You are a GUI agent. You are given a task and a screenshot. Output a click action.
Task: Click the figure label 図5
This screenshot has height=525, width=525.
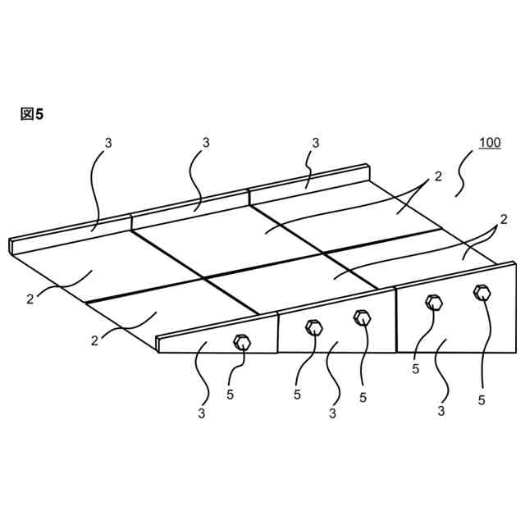(31, 114)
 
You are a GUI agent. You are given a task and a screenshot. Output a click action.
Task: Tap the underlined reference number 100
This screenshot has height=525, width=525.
(490, 143)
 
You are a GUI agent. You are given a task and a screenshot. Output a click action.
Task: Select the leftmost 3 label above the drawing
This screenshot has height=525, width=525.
(108, 143)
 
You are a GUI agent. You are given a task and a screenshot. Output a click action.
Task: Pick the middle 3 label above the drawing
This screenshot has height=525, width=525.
(206, 143)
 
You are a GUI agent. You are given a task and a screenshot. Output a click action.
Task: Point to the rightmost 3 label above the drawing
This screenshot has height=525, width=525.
(316, 143)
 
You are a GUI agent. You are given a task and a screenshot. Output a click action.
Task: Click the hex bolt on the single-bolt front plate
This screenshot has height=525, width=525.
(242, 342)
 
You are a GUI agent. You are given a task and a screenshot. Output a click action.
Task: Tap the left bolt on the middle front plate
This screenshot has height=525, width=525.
(313, 328)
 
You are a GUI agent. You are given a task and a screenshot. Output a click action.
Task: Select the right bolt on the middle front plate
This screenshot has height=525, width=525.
(362, 317)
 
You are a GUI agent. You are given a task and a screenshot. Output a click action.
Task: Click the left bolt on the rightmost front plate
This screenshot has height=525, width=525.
(434, 303)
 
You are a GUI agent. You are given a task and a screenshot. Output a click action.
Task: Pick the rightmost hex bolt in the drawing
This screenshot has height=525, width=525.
(482, 291)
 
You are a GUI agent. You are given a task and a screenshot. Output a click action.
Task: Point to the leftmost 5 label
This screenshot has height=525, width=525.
(231, 395)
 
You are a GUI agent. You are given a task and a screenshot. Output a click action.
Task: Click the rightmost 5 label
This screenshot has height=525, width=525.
(482, 400)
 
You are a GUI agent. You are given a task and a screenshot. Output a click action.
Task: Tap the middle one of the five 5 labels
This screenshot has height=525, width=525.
(363, 398)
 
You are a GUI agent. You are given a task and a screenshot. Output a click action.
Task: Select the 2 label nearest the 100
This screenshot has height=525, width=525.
(438, 176)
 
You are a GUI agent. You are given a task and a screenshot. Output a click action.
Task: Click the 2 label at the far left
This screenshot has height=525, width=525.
(30, 299)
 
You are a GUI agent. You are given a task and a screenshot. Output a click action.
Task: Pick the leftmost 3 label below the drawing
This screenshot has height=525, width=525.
(201, 413)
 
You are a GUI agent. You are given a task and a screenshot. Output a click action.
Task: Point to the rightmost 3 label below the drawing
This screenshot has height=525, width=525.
(441, 411)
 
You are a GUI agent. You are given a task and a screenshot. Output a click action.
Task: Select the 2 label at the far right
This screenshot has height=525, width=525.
(504, 220)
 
